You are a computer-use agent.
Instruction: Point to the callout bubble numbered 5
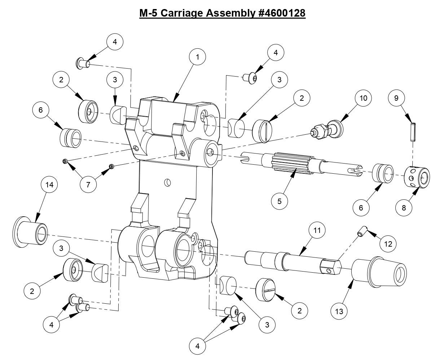[x=280, y=201]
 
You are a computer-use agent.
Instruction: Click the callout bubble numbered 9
[x=396, y=98]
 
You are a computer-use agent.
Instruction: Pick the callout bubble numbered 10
[x=363, y=98]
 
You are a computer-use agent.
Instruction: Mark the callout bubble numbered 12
[x=388, y=244]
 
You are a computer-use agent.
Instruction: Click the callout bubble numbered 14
[x=49, y=185]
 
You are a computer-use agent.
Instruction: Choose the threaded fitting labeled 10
[x=326, y=130]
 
